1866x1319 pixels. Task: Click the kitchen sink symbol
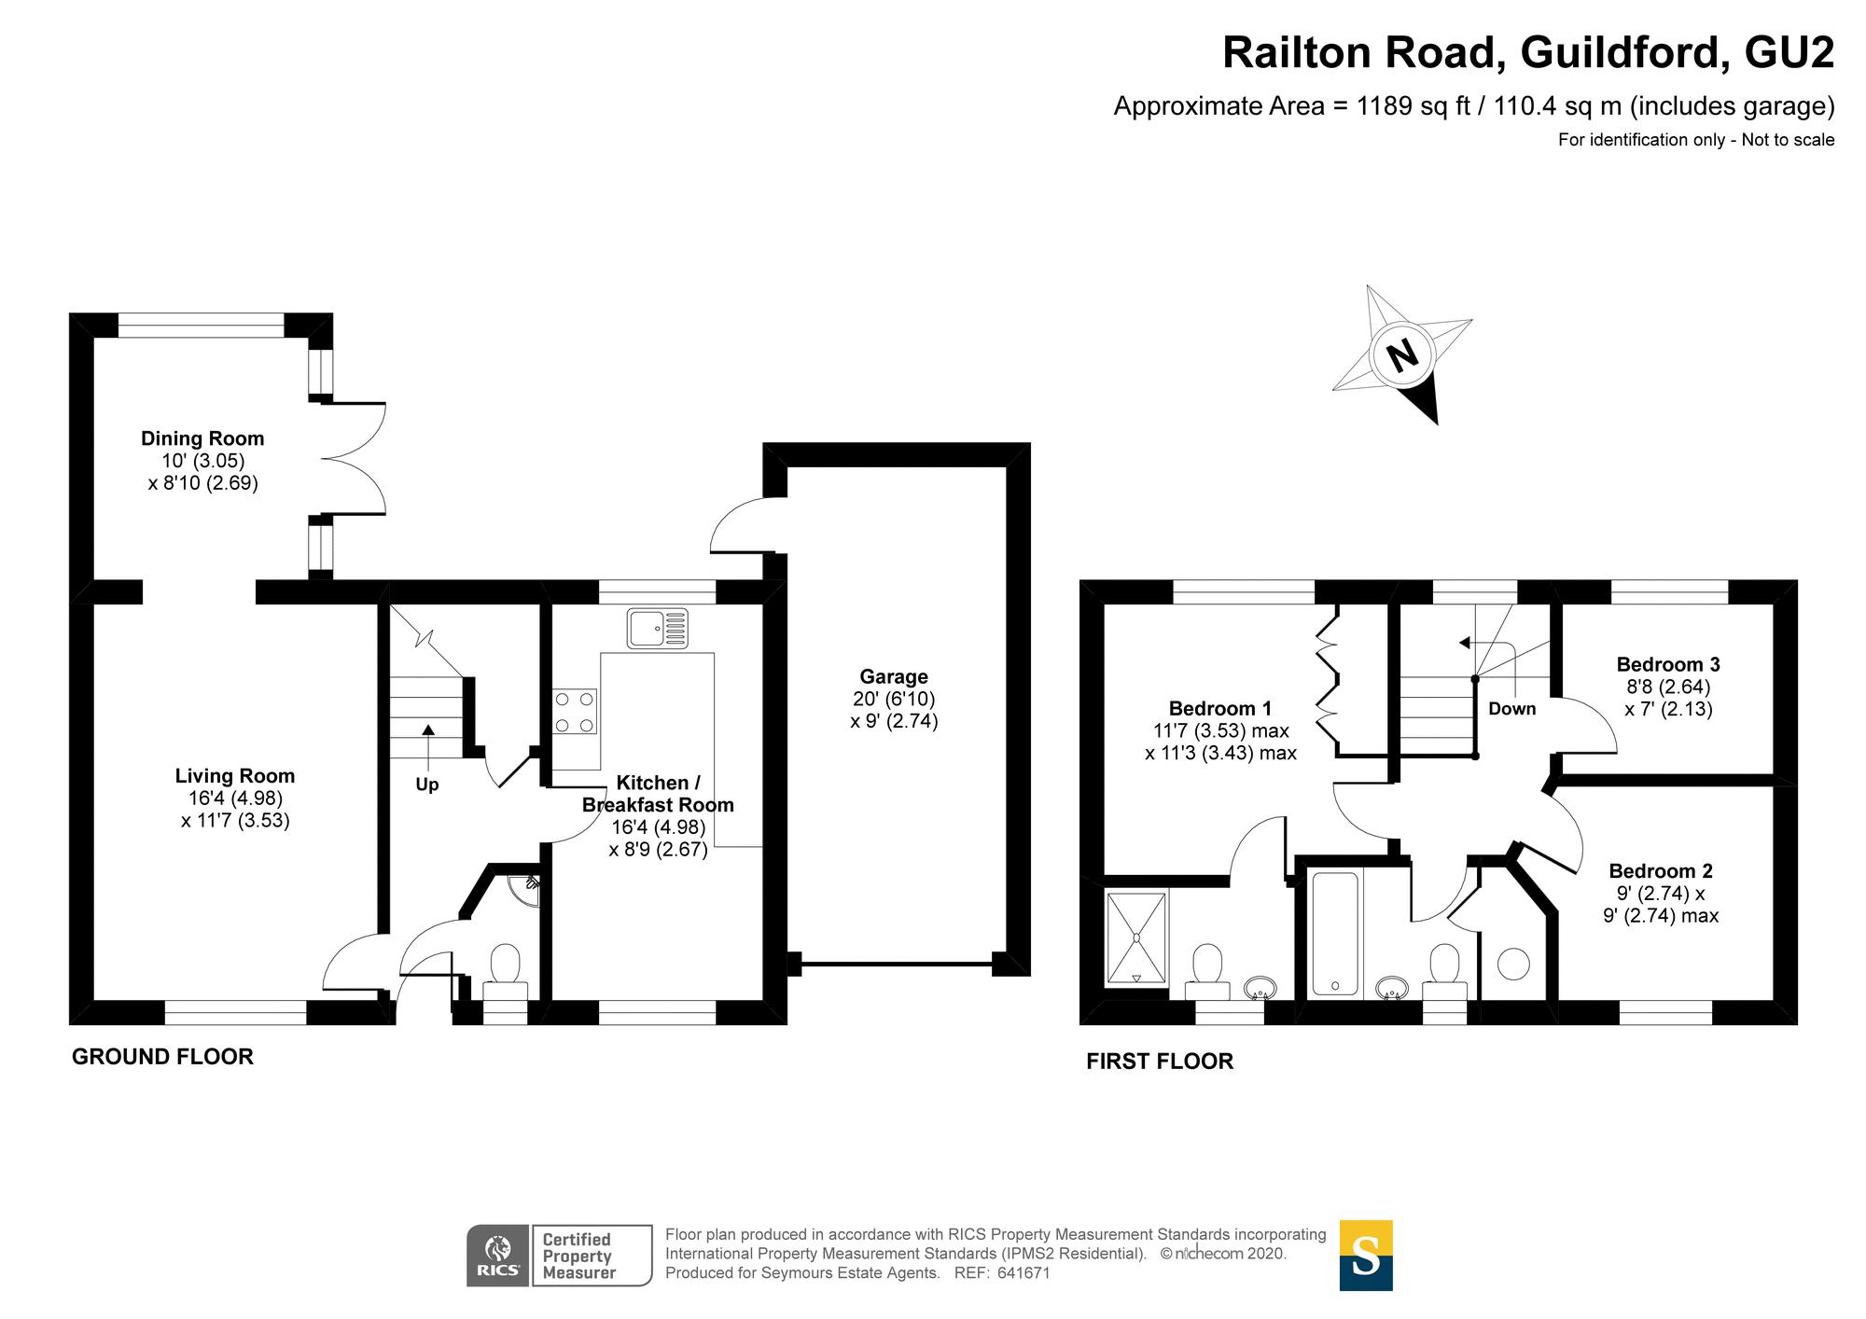point(658,628)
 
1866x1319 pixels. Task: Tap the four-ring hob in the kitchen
point(574,712)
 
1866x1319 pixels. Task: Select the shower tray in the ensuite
point(1136,937)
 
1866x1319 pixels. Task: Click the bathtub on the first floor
point(1334,933)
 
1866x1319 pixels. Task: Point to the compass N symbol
point(1401,354)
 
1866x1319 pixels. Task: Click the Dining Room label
point(202,438)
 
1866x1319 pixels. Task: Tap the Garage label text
point(894,676)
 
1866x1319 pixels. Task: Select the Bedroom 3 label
point(1668,664)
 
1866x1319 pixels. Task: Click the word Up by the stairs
point(427,784)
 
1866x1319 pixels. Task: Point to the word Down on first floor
point(1511,709)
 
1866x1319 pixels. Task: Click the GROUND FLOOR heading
point(162,1057)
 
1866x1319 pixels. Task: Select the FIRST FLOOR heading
point(1160,1062)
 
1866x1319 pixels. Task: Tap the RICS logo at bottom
point(498,1256)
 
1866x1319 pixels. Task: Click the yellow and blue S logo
point(1366,1256)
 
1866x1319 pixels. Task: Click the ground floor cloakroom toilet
point(505,970)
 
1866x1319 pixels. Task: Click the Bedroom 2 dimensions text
point(1661,905)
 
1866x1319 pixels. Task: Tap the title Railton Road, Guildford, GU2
point(1528,53)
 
